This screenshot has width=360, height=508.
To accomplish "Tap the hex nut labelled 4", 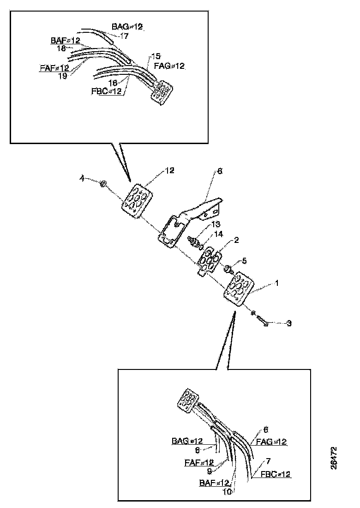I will click(x=103, y=185).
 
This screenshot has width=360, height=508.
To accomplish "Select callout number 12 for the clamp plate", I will click(x=170, y=170).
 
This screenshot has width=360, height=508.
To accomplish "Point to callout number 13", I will click(x=216, y=224).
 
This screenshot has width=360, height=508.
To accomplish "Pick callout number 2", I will click(x=236, y=240).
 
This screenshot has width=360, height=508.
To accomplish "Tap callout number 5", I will click(x=244, y=261).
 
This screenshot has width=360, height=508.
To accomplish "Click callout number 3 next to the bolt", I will click(x=289, y=323).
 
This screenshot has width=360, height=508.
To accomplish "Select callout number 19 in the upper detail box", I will click(x=62, y=76).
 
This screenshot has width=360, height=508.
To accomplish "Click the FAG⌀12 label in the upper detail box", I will click(x=169, y=66).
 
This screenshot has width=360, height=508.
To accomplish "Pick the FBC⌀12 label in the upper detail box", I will click(x=106, y=91).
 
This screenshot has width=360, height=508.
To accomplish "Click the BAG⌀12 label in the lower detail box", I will click(x=187, y=441).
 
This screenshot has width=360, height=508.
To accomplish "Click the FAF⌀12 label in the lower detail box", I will click(x=199, y=462).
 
